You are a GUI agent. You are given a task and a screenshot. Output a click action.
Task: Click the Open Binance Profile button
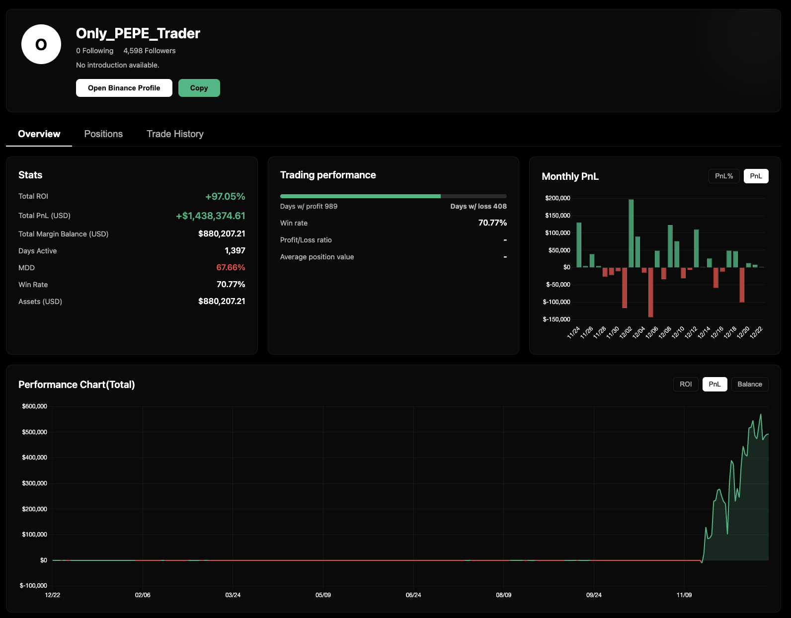pyautogui.click(x=124, y=88)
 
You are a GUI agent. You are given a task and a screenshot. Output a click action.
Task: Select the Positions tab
pyautogui.click(x=103, y=134)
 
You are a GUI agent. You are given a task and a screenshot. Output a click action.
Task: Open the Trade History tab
pyautogui.click(x=175, y=134)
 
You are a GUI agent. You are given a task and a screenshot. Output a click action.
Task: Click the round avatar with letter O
pyautogui.click(x=41, y=44)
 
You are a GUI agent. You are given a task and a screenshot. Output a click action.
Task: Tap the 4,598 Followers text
pyautogui.click(x=149, y=51)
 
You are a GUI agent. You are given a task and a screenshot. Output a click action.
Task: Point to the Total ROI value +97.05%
pyautogui.click(x=225, y=197)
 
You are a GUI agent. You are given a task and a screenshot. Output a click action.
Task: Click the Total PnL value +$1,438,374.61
pyautogui.click(x=211, y=216)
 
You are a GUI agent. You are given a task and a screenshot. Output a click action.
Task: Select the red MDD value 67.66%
pyautogui.click(x=231, y=267)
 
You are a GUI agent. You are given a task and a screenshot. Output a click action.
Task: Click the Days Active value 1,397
pyautogui.click(x=235, y=251)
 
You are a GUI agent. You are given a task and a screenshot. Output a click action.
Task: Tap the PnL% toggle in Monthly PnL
pyautogui.click(x=723, y=176)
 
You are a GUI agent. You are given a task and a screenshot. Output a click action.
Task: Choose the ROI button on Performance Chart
pyautogui.click(x=685, y=384)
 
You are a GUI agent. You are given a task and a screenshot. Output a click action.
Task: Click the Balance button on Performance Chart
pyautogui.click(x=749, y=384)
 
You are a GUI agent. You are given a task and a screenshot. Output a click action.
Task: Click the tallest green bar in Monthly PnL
pyautogui.click(x=631, y=233)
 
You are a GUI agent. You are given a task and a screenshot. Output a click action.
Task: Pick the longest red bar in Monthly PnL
pyautogui.click(x=650, y=292)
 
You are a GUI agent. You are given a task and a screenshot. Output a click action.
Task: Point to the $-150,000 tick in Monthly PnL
pyautogui.click(x=556, y=319)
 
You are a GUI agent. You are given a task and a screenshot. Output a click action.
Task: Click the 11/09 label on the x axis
pyautogui.click(x=684, y=595)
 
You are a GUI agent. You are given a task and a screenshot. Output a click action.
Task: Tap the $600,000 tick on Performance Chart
pyautogui.click(x=34, y=406)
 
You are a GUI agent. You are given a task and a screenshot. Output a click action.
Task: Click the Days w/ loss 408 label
pyautogui.click(x=478, y=206)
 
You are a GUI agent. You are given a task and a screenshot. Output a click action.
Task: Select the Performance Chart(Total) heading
pyautogui.click(x=77, y=385)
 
